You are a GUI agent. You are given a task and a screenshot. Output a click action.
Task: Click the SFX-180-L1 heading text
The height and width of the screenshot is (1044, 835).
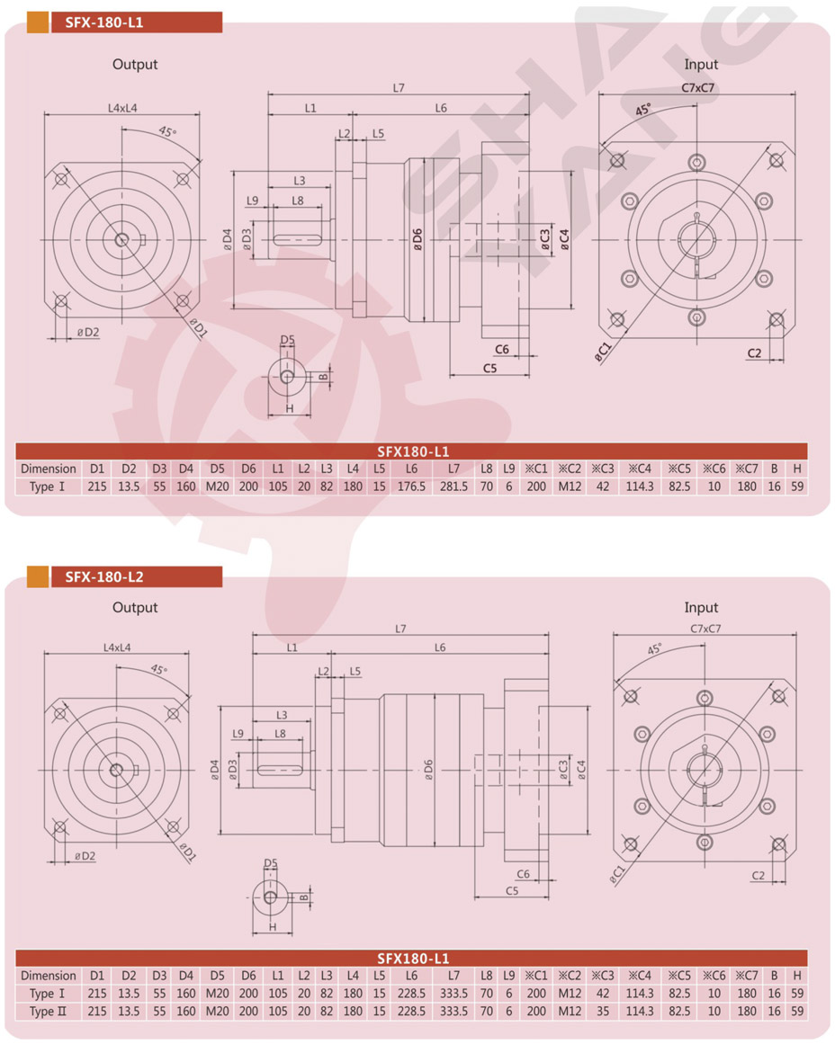pos(104,22)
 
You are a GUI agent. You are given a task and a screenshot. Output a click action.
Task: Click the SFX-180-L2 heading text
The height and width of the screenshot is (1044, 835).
pos(104,576)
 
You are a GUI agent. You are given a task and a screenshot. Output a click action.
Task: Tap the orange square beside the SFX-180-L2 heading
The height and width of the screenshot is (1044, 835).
pos(37,576)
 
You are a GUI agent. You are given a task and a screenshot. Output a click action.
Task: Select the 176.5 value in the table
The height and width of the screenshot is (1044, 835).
pos(411,486)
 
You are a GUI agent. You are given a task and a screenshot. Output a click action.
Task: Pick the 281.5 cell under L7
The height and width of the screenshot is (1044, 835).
pos(453,486)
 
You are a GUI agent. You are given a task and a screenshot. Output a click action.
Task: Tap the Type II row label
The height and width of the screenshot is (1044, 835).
pos(48,1012)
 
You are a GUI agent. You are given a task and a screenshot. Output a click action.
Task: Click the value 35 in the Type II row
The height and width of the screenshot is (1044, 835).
pos(603,1012)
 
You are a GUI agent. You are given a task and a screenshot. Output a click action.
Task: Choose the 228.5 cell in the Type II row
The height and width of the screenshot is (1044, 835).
pos(411,1012)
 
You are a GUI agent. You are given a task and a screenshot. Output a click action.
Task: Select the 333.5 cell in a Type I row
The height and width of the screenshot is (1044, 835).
pos(453,994)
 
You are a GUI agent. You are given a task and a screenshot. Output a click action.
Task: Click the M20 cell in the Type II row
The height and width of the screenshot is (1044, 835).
pos(217,1012)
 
